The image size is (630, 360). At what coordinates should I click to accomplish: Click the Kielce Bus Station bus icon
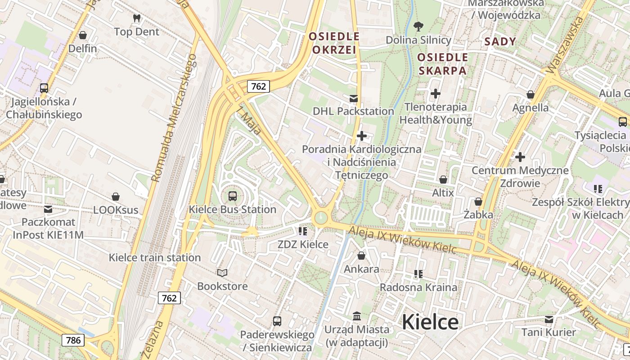point(233,196)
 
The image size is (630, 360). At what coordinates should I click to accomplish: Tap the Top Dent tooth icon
point(137,18)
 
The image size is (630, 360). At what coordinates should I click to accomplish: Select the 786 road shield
point(73,340)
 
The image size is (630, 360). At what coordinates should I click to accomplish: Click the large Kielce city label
point(430,322)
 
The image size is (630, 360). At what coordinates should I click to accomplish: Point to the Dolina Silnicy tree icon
point(418,26)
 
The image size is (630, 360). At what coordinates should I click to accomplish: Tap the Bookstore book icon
point(222,273)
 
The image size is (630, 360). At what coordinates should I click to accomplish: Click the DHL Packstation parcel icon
point(354,98)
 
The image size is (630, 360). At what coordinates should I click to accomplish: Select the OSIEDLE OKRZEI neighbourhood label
point(334,43)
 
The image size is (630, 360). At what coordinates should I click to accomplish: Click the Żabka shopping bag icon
point(478,201)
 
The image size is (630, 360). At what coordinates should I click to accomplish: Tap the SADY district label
point(500,42)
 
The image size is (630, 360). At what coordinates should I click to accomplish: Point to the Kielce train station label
point(155,258)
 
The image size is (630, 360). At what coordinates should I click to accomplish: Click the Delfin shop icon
point(83,35)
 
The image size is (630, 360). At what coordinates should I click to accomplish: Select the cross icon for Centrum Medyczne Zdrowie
point(520,157)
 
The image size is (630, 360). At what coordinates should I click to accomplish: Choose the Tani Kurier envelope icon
point(549,319)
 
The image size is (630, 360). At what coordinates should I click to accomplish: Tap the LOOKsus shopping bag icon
point(116,197)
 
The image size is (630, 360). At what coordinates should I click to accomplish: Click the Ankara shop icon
point(361,256)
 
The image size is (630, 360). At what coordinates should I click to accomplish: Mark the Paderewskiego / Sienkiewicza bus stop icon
point(277,321)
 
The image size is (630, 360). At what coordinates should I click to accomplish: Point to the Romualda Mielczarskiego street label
point(175,118)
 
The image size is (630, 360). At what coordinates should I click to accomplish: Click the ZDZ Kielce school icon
point(302,231)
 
